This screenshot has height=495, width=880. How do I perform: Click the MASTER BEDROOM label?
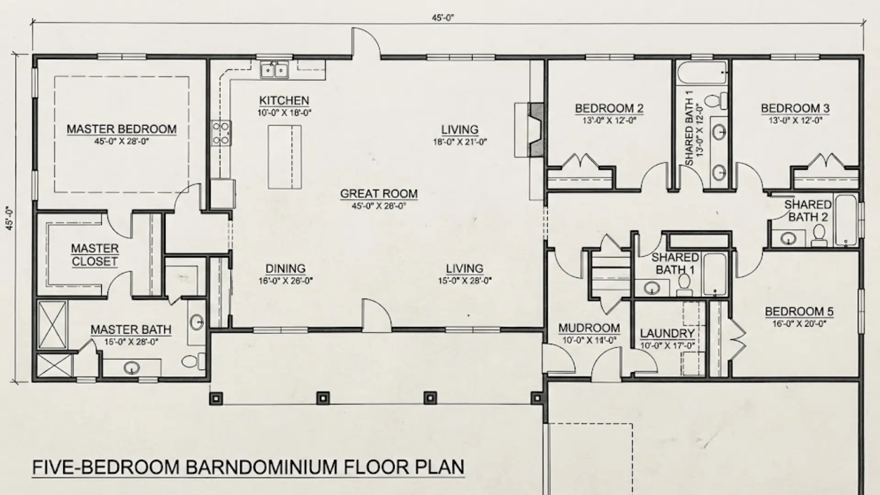[121, 129]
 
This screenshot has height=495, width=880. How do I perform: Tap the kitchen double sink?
[275, 70]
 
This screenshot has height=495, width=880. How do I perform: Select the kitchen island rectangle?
[285, 157]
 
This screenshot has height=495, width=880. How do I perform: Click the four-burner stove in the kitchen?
[221, 133]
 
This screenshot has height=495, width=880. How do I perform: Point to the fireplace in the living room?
[535, 130]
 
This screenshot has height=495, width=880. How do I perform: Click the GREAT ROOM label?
[379, 194]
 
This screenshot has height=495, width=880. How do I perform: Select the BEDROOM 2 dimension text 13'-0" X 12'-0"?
[609, 121]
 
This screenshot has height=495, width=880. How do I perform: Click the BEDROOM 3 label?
[795, 109]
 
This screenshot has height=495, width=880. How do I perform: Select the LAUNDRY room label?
[667, 334]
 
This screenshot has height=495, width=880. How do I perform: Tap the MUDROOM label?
[589, 328]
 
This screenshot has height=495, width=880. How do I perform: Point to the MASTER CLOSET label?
[94, 255]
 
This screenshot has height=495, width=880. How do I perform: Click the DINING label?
[285, 269]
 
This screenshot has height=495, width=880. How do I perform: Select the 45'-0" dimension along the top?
[442, 18]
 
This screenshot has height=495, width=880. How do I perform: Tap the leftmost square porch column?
[216, 398]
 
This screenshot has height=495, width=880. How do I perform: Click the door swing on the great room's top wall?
[365, 44]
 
